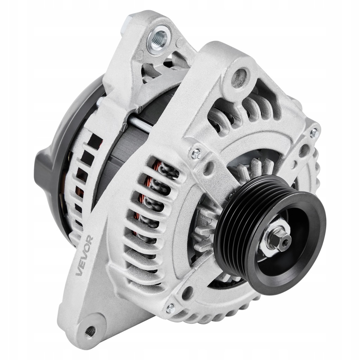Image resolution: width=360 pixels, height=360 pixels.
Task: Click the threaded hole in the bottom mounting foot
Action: (90, 330)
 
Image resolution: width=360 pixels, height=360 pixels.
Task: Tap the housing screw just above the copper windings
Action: (196, 153)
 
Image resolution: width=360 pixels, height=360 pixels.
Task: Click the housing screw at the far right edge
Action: (314, 133)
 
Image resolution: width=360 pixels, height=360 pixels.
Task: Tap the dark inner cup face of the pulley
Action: (299, 253)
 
